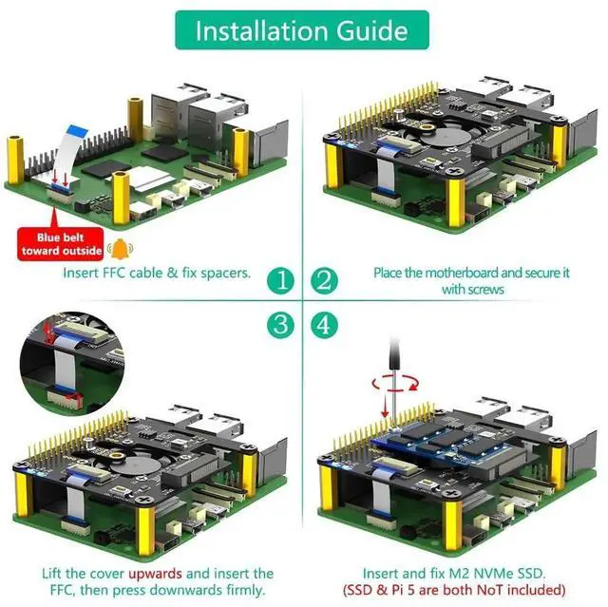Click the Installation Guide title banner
pyautogui.click(x=303, y=31)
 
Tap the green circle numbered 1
pyautogui.click(x=280, y=280)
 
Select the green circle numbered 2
pyautogui.click(x=325, y=280)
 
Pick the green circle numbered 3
pyautogui.click(x=280, y=325)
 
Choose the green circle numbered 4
pyautogui.click(x=325, y=325)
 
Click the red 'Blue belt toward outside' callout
pyautogui.click(x=59, y=244)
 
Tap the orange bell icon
pyautogui.click(x=119, y=249)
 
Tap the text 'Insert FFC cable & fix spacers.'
pyautogui.click(x=157, y=273)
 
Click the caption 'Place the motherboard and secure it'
pyautogui.click(x=471, y=273)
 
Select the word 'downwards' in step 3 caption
pyautogui.click(x=196, y=590)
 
